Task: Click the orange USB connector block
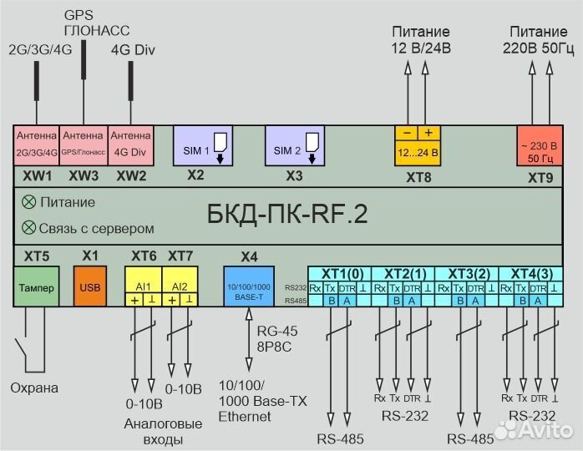coord(91,288)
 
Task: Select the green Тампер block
coord(35,288)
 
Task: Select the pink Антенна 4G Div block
coord(129,144)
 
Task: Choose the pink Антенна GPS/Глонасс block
coord(84,144)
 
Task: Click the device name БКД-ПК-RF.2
coord(286,215)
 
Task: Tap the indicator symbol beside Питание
coord(29,202)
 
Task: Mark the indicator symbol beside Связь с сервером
coord(29,227)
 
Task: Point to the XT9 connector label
coord(540,178)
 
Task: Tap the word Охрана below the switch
coord(34,388)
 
